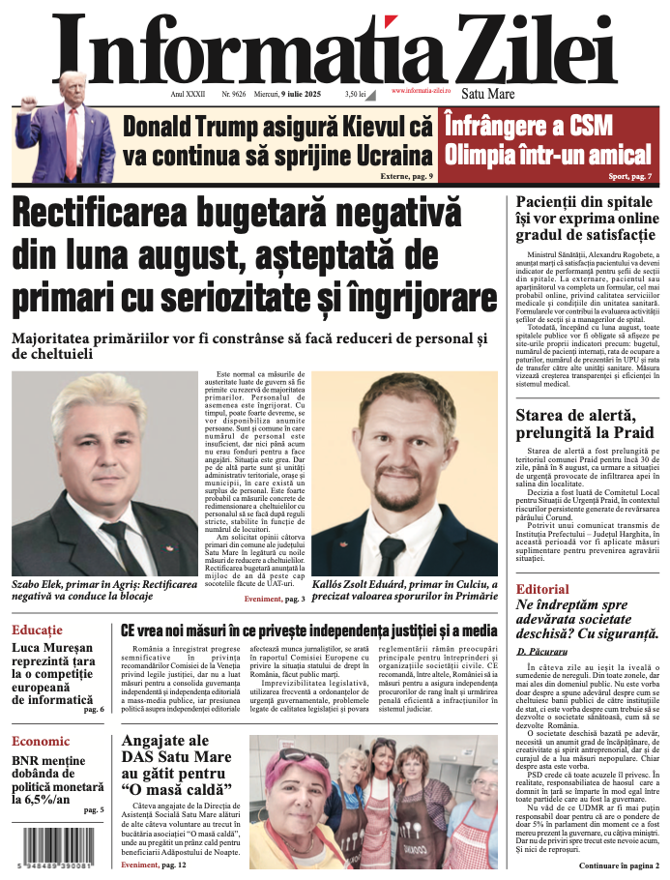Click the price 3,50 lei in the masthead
click(x=355, y=94)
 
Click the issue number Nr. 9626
click(x=233, y=94)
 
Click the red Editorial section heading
click(x=542, y=589)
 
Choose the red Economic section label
click(x=41, y=742)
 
